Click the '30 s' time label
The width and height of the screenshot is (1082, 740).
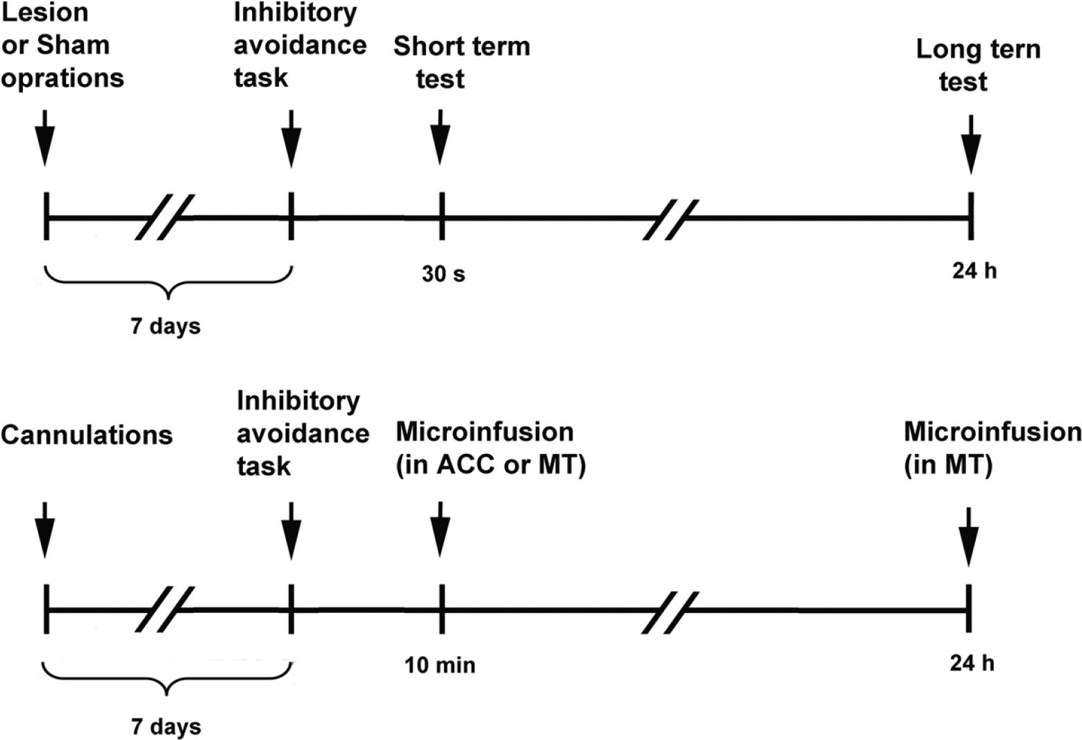click(x=443, y=274)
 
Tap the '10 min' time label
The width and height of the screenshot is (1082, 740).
click(x=440, y=665)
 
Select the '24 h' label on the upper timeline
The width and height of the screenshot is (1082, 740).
click(x=974, y=271)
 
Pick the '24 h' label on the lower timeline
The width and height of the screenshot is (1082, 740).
click(x=972, y=663)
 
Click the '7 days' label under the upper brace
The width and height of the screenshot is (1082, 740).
click(x=166, y=326)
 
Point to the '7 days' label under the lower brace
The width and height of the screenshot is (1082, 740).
click(x=166, y=727)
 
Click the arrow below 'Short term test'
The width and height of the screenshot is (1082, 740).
click(x=440, y=137)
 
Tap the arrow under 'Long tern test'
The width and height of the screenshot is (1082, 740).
click(x=971, y=144)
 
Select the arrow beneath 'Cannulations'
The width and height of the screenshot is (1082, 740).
click(x=45, y=530)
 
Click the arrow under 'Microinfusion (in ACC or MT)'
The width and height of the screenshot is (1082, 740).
click(x=440, y=530)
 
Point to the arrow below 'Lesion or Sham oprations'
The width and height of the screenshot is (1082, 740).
click(x=45, y=138)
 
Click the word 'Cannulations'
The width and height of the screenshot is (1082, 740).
click(x=87, y=435)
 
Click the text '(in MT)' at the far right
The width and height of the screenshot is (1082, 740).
click(x=948, y=464)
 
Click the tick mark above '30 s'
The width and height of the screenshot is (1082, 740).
click(x=441, y=216)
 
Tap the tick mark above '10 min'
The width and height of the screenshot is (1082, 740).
click(x=441, y=609)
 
